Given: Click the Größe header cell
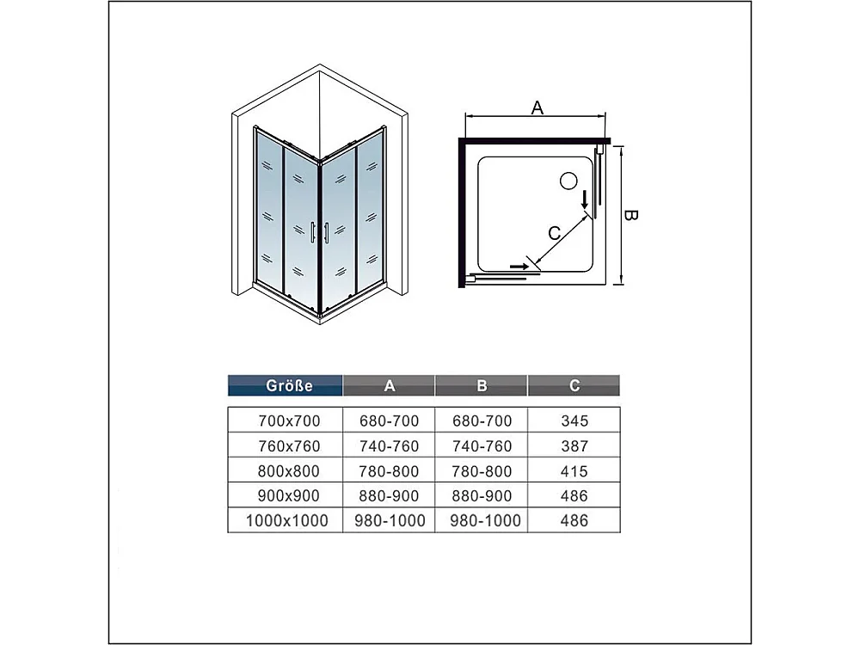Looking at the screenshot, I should (285, 386).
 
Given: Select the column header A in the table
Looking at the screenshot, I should (390, 386).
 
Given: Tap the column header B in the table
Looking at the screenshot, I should (482, 386).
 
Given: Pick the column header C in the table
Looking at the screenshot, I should (574, 386).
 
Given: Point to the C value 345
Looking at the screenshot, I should (574, 421).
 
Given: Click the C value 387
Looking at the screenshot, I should (574, 446).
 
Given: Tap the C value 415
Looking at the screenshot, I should (574, 471).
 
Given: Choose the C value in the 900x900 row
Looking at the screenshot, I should (574, 496).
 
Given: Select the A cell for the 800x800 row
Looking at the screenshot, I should (390, 471).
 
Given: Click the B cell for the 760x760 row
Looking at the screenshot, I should (482, 446).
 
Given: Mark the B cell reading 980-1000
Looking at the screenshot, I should (482, 521).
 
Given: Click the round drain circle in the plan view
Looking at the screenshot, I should (568, 181).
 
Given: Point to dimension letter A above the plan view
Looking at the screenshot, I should (537, 107).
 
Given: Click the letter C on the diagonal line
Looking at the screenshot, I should (555, 231).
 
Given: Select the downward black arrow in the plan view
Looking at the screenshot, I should (585, 200).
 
